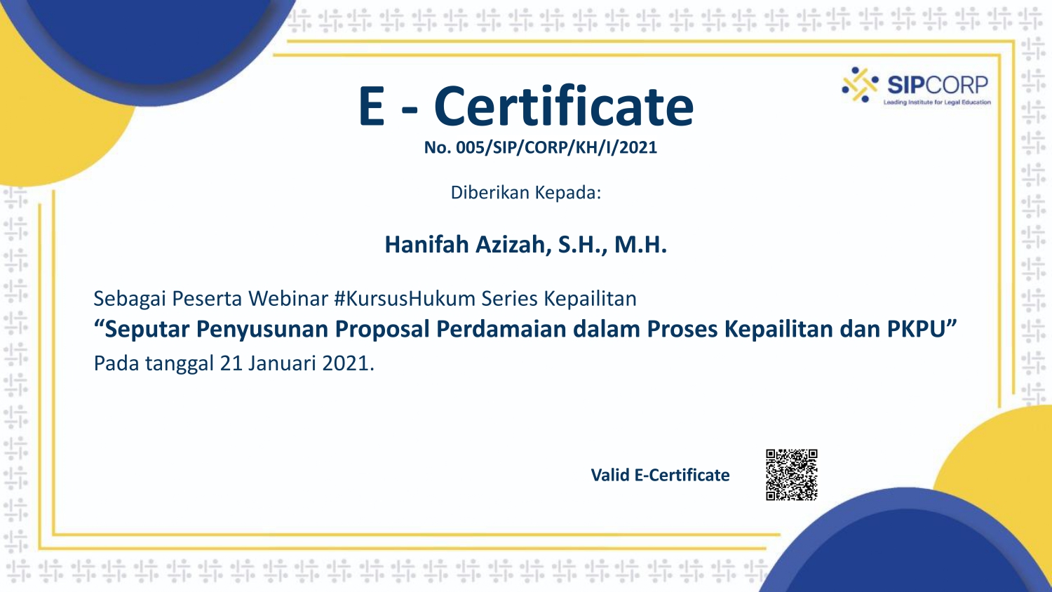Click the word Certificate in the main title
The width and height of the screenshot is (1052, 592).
564,106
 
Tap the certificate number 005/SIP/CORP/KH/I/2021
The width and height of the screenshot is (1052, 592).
557,147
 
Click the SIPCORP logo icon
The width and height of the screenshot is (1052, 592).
860,85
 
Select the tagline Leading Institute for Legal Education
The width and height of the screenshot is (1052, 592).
937,102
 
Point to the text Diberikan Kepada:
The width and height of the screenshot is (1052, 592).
526,193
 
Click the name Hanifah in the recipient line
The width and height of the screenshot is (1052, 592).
426,244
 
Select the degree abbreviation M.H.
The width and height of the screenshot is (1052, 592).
640,245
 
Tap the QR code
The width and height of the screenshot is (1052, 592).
792,475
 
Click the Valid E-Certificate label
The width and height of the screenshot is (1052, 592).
661,475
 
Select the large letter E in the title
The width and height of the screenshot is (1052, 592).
372,106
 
